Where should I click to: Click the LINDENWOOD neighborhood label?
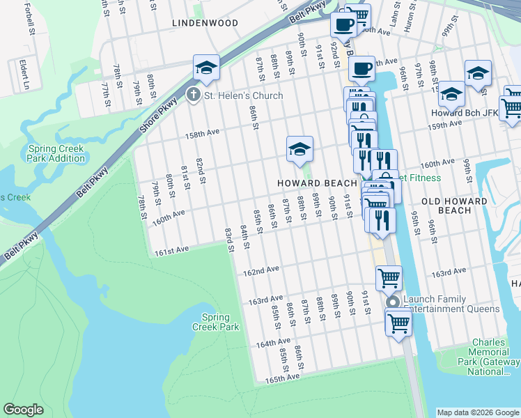pyautogui.click(x=205, y=23)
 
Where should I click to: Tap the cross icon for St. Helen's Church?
pyautogui.click(x=193, y=95)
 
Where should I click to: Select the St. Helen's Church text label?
pyautogui.click(x=243, y=95)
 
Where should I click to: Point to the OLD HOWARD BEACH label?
pyautogui.click(x=455, y=206)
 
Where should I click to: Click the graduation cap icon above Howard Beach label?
pyautogui.click(x=300, y=148)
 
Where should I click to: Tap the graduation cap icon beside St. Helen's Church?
pyautogui.click(x=206, y=68)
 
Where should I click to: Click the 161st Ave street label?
pyautogui.click(x=172, y=249)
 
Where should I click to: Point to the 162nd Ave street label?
pyautogui.click(x=262, y=269)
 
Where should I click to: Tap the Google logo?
pyautogui.click(x=24, y=410)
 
